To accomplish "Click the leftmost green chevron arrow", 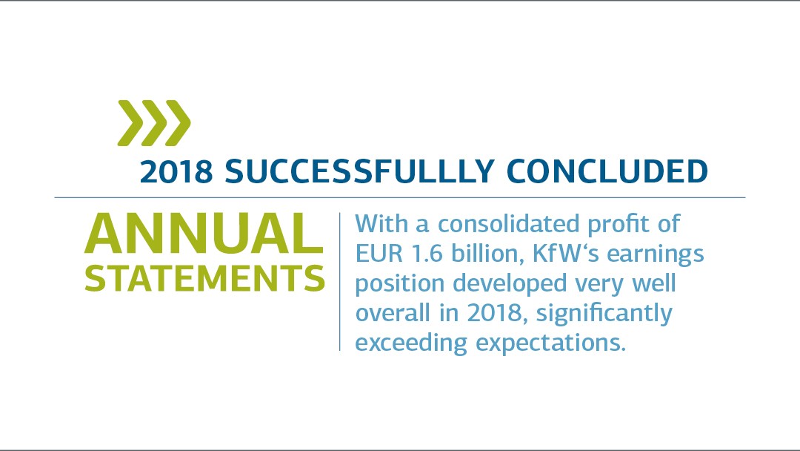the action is tap(131, 123).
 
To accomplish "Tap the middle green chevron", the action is tap(154, 123).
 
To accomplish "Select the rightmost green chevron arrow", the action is tap(178, 123).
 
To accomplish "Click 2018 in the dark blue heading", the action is tap(176, 171).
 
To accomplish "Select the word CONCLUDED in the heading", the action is tap(607, 171).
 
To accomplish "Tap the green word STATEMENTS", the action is tap(204, 278).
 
